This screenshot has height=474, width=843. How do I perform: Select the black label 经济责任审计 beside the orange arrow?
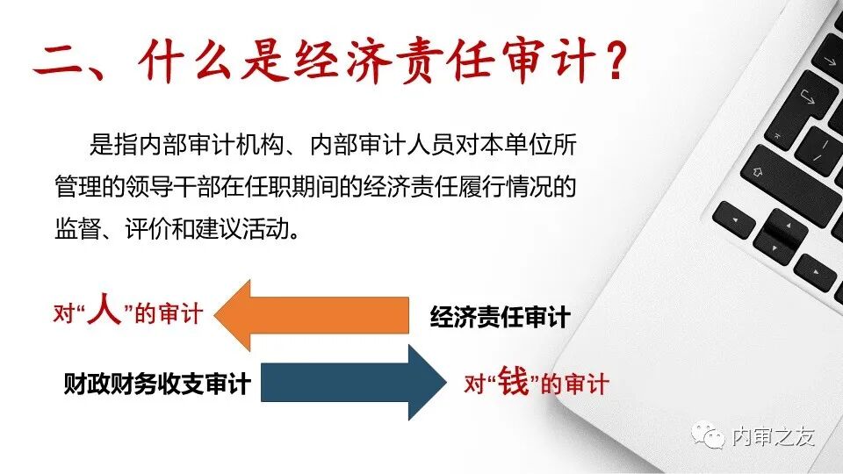point(500,317)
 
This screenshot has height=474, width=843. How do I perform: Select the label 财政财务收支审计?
point(157,384)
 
